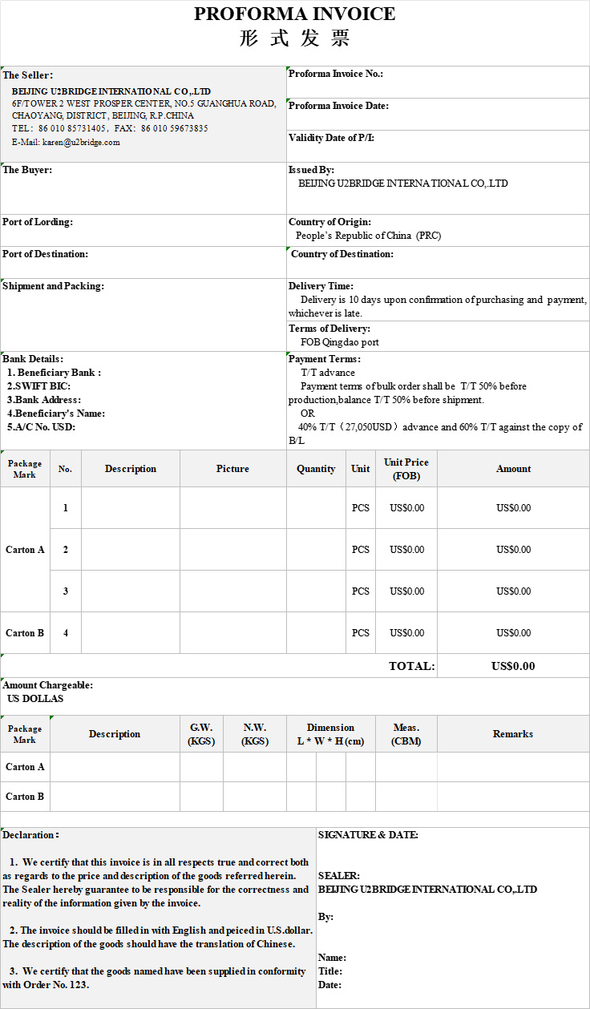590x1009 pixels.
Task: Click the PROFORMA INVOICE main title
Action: coord(294,14)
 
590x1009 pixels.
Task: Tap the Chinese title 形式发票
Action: coord(294,38)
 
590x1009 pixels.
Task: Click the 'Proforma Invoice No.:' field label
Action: coord(336,74)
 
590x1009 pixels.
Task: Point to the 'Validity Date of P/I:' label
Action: coord(331,138)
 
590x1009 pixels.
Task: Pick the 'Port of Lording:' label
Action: coord(38,222)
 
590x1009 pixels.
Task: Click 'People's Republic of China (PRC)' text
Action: coord(368,236)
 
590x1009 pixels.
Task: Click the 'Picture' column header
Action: coord(232,469)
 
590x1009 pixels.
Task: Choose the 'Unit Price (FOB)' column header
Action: coord(406,469)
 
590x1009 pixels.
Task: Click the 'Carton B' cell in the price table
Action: coord(25,633)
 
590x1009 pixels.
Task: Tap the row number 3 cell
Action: coord(66,591)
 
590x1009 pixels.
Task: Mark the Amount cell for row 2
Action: coord(513,550)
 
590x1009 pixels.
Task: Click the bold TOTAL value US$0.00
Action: coord(513,666)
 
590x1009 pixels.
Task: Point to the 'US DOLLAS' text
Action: coord(35,699)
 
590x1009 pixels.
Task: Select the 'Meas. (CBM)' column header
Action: coord(406,734)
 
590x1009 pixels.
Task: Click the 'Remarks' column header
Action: coord(513,734)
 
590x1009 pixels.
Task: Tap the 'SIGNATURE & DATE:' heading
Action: coord(368,835)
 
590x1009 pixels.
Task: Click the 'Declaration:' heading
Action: coord(30,835)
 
